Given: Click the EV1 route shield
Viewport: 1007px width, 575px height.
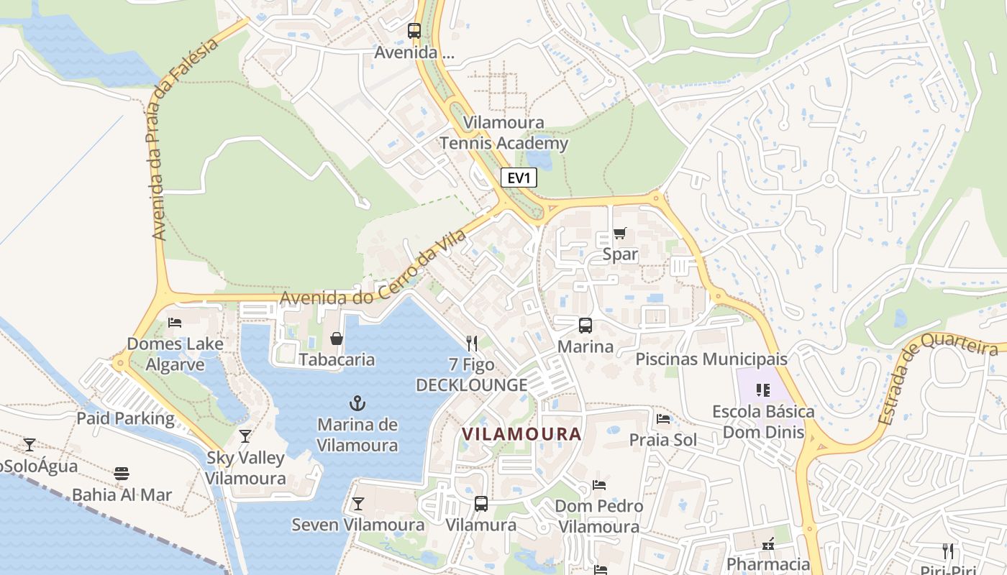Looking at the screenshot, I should [x=518, y=178].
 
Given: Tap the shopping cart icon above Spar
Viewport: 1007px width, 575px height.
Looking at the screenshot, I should [x=619, y=234].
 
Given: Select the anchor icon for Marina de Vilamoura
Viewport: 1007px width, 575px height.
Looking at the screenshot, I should [x=357, y=403].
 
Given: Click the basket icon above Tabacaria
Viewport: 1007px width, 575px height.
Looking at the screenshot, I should [x=336, y=339].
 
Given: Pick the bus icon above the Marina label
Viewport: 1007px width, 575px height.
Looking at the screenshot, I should [x=585, y=326].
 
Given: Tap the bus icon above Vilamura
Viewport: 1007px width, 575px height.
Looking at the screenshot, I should [x=480, y=504].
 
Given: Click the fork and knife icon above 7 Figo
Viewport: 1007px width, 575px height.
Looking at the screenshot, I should [x=472, y=343].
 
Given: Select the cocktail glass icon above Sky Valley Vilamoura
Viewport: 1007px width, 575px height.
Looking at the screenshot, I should [x=245, y=436].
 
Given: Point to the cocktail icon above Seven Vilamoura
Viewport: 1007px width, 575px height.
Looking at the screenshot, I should [x=357, y=503].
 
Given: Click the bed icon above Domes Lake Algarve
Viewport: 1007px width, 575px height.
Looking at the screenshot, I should [x=174, y=323].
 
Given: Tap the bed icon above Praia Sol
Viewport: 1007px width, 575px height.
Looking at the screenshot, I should [x=663, y=418].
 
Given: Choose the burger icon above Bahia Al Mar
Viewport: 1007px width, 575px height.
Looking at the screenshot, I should [x=122, y=474].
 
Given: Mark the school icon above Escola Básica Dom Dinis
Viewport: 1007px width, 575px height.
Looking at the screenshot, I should [x=763, y=390].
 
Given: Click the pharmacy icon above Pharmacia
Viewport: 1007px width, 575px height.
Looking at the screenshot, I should [x=768, y=543].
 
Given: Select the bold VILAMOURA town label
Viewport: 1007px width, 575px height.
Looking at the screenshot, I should [x=521, y=434].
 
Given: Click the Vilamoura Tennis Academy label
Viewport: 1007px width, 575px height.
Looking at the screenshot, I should [x=503, y=133].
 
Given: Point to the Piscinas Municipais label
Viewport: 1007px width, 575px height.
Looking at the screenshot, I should [x=711, y=359].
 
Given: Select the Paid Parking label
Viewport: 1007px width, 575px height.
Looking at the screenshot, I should [x=125, y=418].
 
